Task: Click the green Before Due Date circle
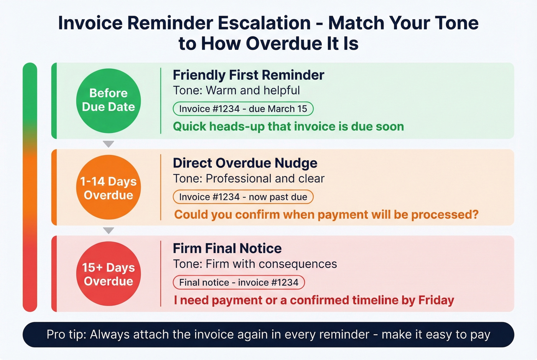click(x=109, y=100)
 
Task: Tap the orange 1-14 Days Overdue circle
click(x=109, y=187)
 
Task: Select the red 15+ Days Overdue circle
click(x=109, y=274)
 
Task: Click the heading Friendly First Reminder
click(x=248, y=75)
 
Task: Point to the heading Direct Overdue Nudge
click(x=245, y=163)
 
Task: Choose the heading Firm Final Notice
click(x=227, y=248)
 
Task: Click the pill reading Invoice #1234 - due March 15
click(x=243, y=109)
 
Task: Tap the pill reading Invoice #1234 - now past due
click(x=243, y=197)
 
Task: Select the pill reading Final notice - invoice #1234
click(x=239, y=283)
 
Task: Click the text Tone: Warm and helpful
click(x=236, y=90)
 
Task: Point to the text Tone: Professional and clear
click(x=249, y=179)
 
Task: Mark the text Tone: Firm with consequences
click(x=255, y=264)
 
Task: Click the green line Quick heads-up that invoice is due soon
click(x=288, y=127)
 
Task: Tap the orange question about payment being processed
click(x=326, y=215)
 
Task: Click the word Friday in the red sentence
click(x=436, y=300)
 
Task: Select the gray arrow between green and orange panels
click(x=109, y=144)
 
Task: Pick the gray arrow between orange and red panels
click(x=109, y=230)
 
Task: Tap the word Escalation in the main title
click(x=264, y=23)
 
